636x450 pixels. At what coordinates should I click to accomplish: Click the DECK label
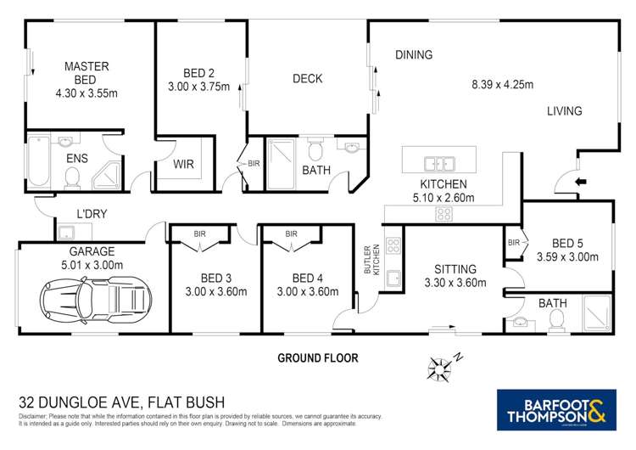(307, 79)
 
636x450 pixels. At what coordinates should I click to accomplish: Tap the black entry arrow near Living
(580, 182)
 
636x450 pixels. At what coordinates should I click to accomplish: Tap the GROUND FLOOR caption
(318, 358)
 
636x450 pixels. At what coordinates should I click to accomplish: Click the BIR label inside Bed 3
(199, 233)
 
